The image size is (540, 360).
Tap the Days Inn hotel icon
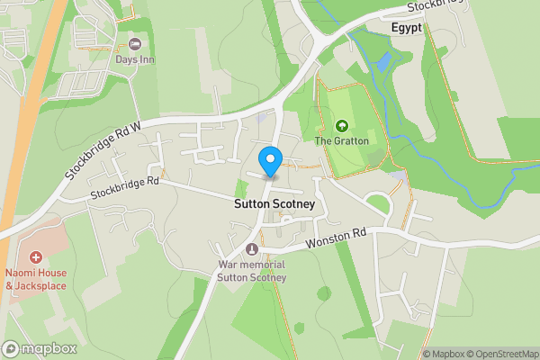tap(136, 44)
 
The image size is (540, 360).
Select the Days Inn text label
tap(135, 60)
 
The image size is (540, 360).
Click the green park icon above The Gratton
tap(341, 125)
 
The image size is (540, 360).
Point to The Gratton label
tap(341, 140)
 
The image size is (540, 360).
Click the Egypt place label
tap(408, 28)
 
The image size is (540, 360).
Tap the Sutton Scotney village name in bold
tap(274, 204)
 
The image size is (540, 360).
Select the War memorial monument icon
tap(251, 249)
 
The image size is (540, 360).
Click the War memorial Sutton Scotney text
tap(251, 271)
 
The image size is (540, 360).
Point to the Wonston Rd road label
tap(337, 236)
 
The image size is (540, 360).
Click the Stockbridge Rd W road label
tap(103, 149)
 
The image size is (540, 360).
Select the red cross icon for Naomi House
tap(37, 258)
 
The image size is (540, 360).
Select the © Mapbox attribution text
tap(443, 354)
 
